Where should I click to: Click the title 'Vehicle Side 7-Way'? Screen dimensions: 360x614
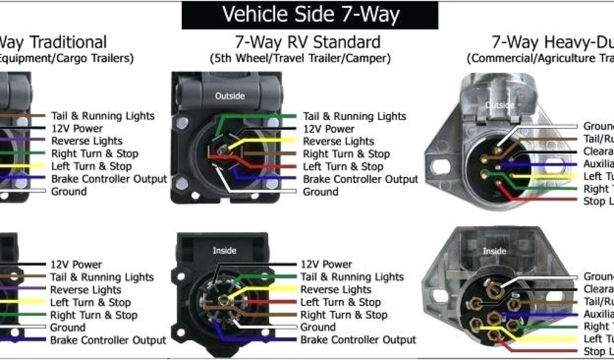310,14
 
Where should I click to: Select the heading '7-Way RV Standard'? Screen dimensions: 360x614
307,43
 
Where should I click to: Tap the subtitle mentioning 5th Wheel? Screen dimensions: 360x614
300,59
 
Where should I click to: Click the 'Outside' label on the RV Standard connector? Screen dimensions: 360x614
230,95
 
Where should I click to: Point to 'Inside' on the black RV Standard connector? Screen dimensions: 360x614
224,250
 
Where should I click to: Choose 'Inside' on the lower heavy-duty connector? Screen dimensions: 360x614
494,251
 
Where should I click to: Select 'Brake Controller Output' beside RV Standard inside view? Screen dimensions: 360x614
358,340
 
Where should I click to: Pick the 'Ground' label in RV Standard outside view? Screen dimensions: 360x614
320,192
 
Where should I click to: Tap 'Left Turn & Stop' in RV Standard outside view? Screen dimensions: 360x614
343,167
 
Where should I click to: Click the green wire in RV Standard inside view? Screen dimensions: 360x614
270,277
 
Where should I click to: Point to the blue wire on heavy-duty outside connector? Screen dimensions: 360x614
546,164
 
